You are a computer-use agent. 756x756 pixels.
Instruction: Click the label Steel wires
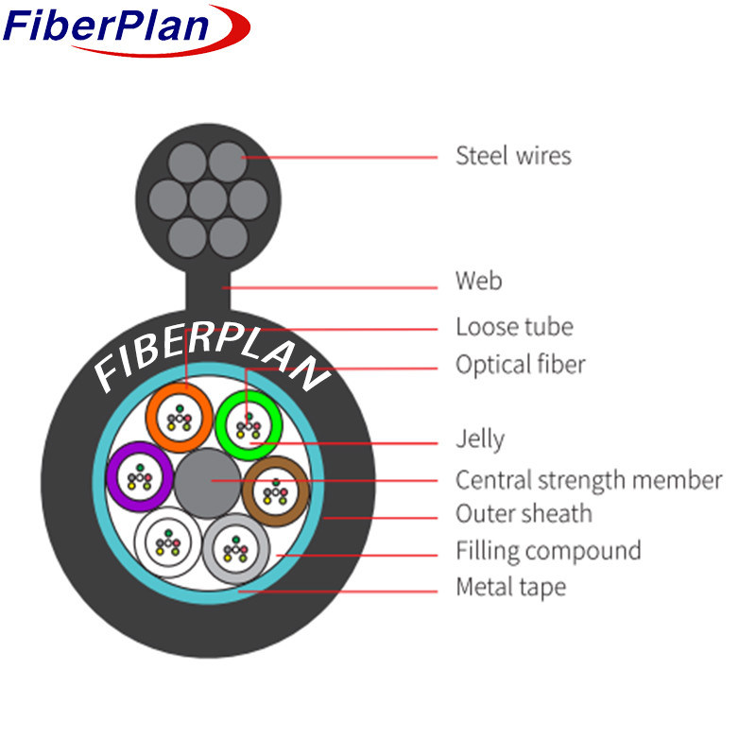coord(513,155)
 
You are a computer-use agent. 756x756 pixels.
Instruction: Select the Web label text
coord(478,281)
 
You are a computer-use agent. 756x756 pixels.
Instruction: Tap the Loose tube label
coord(514,327)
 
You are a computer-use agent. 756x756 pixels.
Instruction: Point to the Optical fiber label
coord(520,364)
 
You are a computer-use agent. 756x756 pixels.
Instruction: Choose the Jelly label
coord(480,439)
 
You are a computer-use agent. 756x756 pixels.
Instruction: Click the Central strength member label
coord(588,480)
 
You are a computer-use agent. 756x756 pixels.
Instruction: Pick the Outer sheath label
coord(524,514)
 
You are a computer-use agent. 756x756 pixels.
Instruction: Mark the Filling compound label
coord(548,550)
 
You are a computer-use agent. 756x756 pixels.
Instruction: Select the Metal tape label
coord(510,587)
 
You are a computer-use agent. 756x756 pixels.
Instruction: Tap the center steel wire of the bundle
coord(208,199)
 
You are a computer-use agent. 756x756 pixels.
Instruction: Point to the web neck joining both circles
coord(208,290)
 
